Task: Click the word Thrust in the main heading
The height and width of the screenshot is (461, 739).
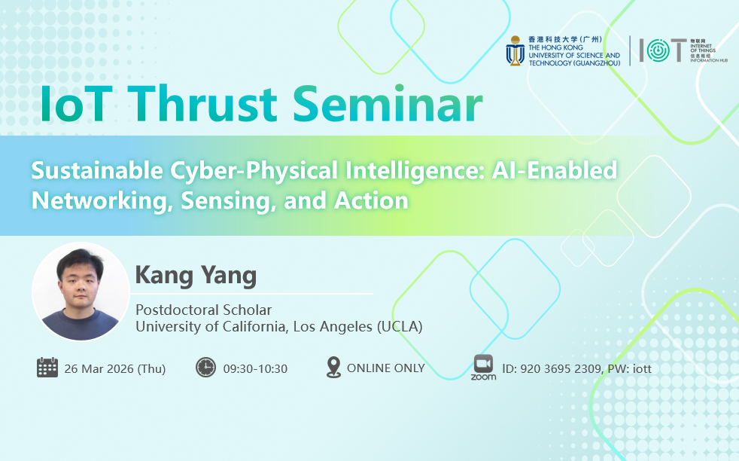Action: click(x=202, y=104)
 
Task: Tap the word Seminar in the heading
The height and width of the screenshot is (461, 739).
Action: click(x=388, y=104)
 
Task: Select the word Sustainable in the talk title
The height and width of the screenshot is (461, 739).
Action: click(x=97, y=170)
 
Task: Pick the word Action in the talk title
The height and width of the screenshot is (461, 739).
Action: click(x=372, y=200)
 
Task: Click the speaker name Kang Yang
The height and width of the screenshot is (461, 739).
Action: click(x=196, y=276)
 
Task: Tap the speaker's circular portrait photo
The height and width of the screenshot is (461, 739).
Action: click(x=81, y=291)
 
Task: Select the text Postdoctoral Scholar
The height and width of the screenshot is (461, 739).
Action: click(x=204, y=310)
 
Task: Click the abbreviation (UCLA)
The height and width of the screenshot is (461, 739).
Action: click(x=399, y=326)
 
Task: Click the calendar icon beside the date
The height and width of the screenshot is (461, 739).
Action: click(x=47, y=368)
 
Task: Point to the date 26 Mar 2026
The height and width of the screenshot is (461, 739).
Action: click(x=99, y=368)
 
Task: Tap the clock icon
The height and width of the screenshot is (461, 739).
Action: click(x=206, y=368)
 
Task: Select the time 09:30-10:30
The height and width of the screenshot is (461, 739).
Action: click(x=255, y=368)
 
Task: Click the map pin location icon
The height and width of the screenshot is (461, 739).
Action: click(x=333, y=367)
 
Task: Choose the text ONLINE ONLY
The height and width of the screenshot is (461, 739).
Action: click(x=386, y=368)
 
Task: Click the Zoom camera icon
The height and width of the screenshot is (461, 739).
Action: click(x=484, y=364)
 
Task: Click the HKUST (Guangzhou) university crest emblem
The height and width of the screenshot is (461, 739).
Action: click(x=515, y=50)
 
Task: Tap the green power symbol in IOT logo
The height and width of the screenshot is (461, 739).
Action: click(x=658, y=50)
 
